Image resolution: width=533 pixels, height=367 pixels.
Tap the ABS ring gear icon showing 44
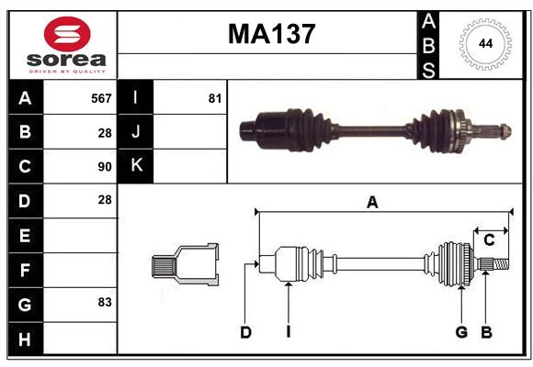click(482, 44)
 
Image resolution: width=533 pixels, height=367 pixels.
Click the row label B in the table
click(26, 132)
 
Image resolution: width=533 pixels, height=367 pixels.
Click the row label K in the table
click(137, 166)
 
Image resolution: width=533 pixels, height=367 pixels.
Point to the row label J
click(137, 132)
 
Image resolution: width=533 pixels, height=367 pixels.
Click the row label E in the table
click(26, 235)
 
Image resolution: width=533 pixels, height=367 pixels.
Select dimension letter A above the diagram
click(372, 203)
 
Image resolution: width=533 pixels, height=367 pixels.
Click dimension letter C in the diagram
click(489, 240)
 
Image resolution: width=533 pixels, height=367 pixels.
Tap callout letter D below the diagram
click(245, 332)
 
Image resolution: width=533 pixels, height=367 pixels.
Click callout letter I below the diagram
click(288, 332)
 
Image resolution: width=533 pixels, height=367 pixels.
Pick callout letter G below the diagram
click(461, 332)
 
